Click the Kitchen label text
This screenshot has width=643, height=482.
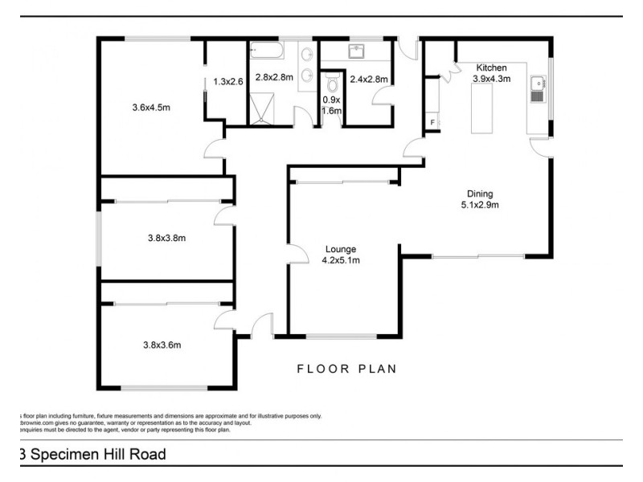click(491, 67)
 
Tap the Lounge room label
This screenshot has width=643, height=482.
click(341, 249)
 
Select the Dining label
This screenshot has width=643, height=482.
click(481, 194)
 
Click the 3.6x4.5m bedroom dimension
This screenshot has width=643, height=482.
click(151, 107)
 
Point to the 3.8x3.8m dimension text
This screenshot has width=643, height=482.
click(166, 237)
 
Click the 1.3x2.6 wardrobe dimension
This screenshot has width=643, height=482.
click(228, 80)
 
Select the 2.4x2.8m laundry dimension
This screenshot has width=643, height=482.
click(369, 79)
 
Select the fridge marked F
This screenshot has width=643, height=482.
click(432, 122)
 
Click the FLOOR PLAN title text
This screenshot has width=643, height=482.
click(347, 370)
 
